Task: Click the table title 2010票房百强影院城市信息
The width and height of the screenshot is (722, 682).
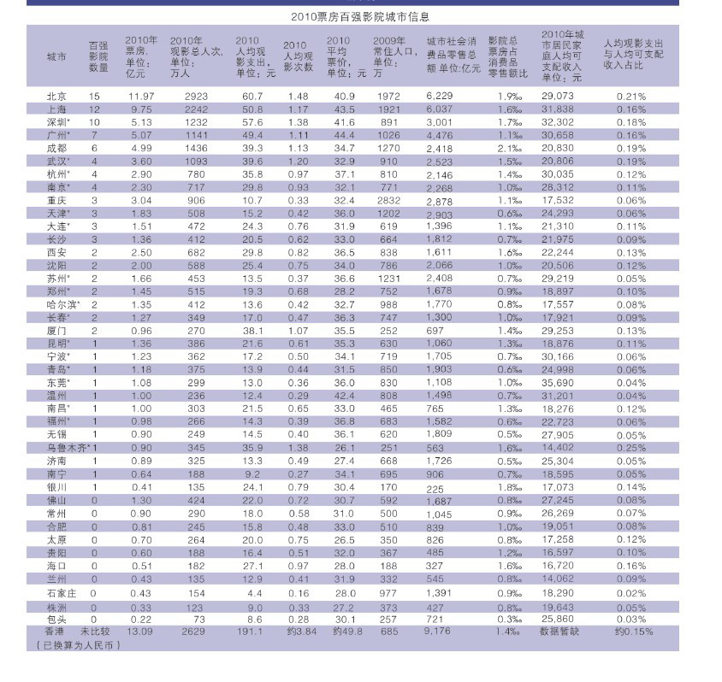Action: click(359, 16)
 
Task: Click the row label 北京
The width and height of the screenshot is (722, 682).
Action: click(56, 96)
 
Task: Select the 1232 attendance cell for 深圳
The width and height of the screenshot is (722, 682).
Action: click(197, 122)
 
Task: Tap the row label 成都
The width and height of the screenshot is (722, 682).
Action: click(56, 148)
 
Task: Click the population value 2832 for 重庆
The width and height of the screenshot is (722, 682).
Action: click(388, 200)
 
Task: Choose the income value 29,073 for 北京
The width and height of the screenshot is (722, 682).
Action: click(558, 96)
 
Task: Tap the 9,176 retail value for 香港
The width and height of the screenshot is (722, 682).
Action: click(439, 632)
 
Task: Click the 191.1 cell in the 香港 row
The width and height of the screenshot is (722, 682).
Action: click(251, 632)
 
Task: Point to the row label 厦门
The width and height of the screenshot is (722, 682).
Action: click(56, 330)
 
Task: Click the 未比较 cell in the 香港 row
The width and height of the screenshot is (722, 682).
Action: click(98, 632)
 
